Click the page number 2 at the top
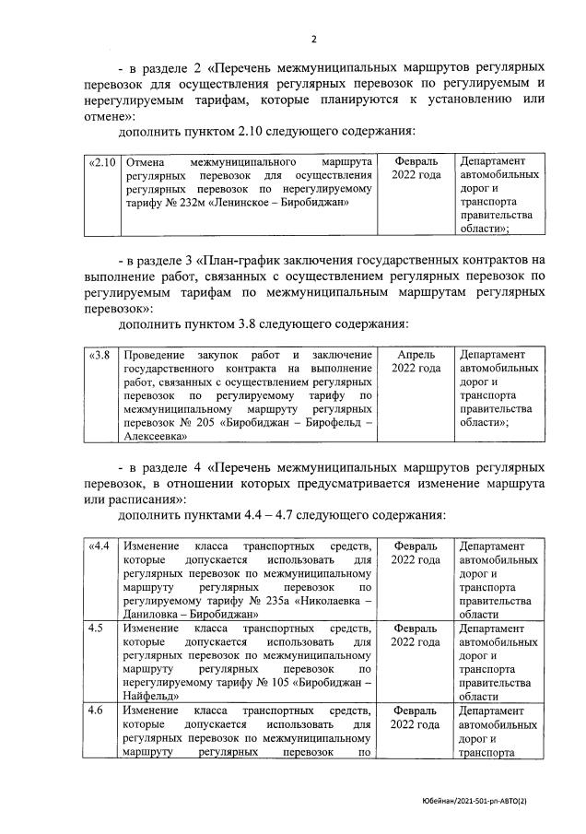(313, 40)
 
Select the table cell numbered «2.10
(101, 162)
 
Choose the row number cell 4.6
(96, 711)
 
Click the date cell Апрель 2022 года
(416, 361)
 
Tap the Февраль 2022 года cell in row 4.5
(416, 635)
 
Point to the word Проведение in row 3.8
(156, 355)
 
